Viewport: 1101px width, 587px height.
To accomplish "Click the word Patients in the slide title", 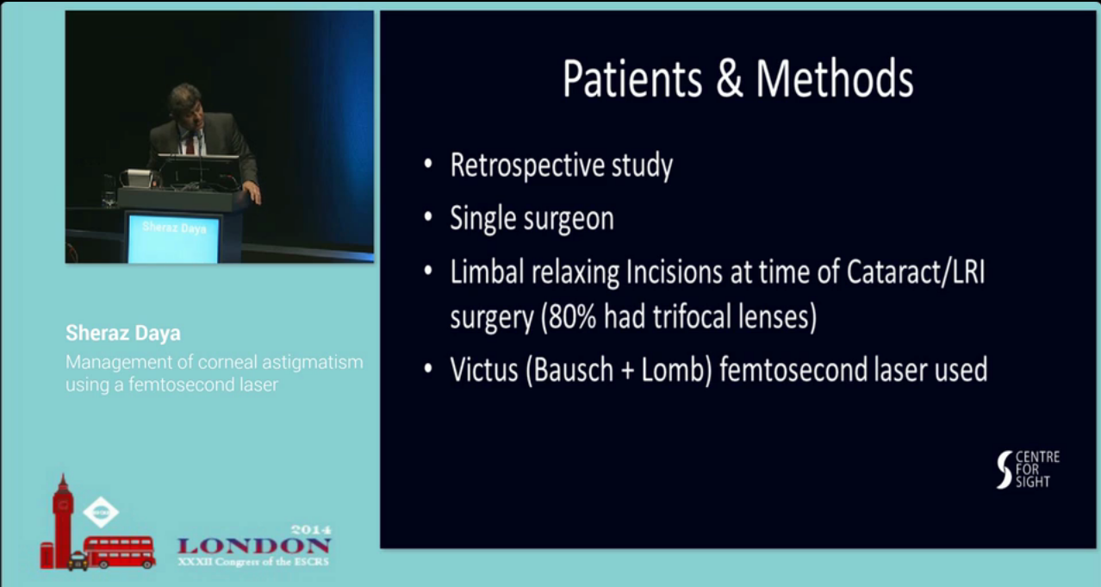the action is pos(632,79).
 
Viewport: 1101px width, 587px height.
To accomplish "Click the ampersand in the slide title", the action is pos(729,79).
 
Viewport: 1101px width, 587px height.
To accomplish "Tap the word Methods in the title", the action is pos(835,79).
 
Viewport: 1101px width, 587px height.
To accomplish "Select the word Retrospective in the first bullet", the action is pos(527,166).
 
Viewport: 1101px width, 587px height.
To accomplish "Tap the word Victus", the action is pos(484,370).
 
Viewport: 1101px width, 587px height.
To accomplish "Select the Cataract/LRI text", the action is pos(916,272).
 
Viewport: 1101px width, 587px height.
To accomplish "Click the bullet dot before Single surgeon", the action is pos(427,216).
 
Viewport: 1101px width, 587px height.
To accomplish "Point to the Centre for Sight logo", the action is pos(1028,470).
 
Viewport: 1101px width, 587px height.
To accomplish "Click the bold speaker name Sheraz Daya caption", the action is pos(123,334).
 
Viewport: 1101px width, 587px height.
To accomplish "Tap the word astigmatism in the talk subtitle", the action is pos(313,363).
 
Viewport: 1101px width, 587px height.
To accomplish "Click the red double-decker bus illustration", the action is pos(120,552).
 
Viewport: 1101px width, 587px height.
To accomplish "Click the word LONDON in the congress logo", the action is pos(253,546).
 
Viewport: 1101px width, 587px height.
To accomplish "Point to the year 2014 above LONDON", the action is pos(311,530).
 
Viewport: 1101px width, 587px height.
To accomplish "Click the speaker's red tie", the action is pos(190,145).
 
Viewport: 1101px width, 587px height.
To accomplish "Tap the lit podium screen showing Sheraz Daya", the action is pos(173,239).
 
